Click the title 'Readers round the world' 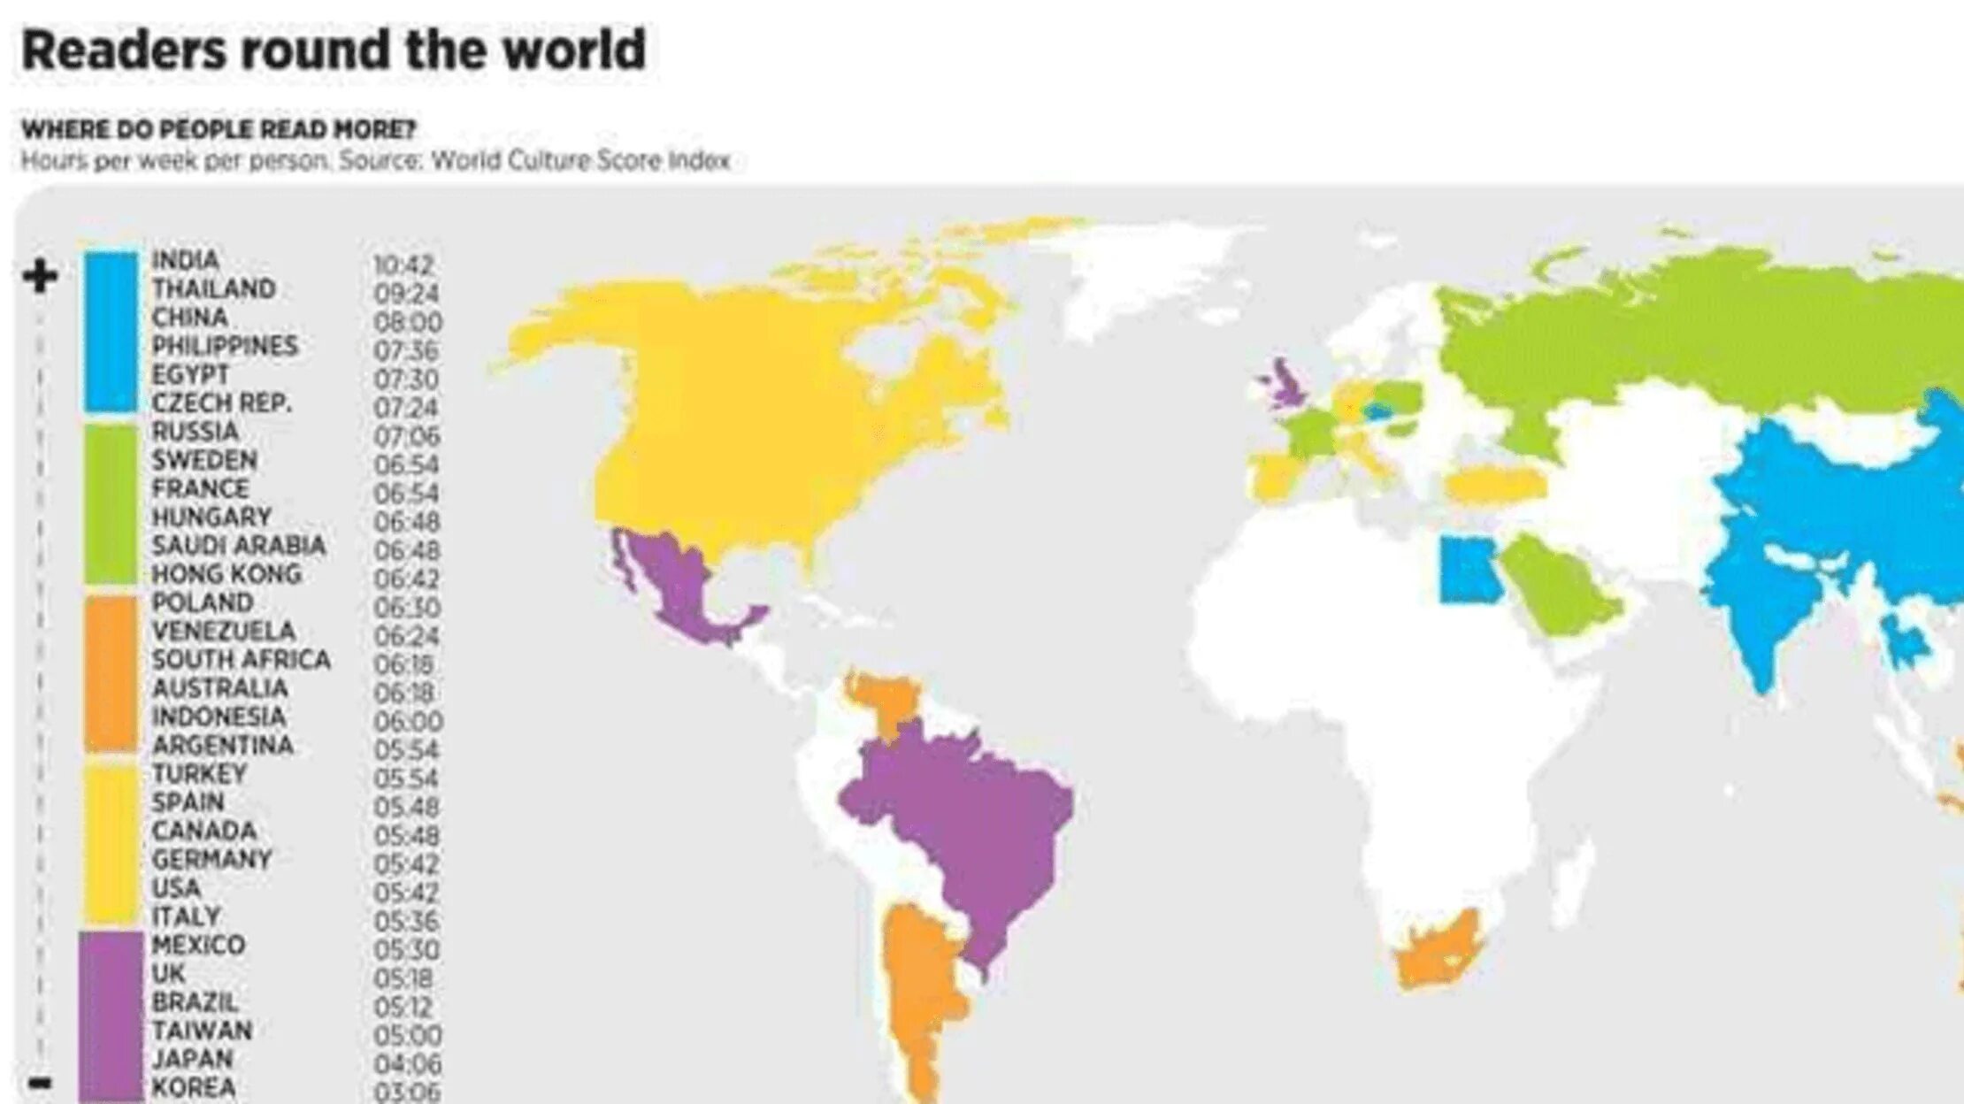point(334,50)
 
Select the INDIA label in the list point(185,260)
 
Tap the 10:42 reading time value point(403,264)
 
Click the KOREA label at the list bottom point(194,1087)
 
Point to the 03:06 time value point(406,1092)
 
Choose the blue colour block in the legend point(111,332)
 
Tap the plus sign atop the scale point(40,276)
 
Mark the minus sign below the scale point(40,1083)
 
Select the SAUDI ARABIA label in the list point(238,546)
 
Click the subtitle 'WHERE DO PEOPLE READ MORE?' point(218,130)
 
